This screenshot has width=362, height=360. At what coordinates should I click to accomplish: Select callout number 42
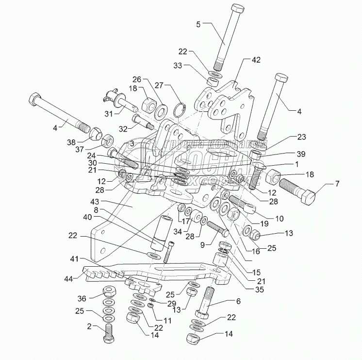pyautogui.click(x=256, y=60)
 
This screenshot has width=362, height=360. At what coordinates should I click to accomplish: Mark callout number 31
pyautogui.click(x=109, y=114)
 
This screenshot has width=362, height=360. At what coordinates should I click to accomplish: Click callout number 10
pyautogui.click(x=279, y=219)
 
